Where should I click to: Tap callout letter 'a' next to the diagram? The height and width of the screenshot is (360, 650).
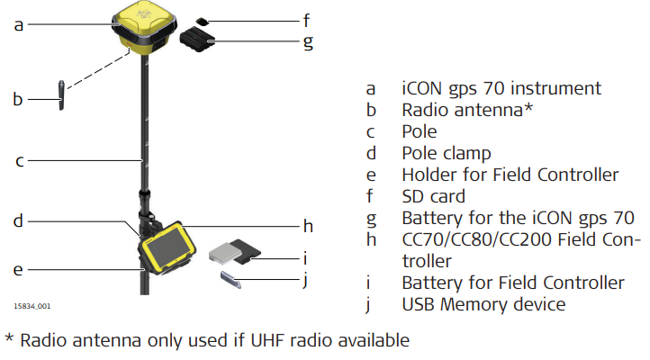18,26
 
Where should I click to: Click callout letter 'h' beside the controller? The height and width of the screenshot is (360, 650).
306,226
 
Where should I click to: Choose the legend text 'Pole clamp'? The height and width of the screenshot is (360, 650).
447,153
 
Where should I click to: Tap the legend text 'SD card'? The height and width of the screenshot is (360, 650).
433,196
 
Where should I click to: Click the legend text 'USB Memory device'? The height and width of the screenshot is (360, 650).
483,304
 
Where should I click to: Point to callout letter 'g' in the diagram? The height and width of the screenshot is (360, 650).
307,40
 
